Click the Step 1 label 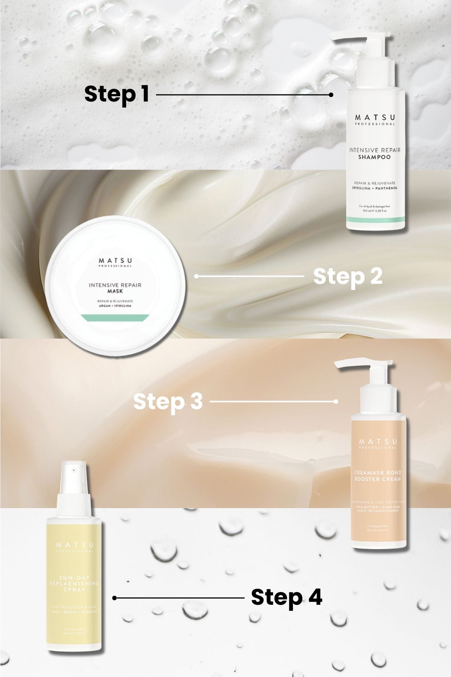(117, 94)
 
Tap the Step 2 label (348, 276)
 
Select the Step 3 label (168, 401)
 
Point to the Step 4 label (286, 597)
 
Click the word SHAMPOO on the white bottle (374, 157)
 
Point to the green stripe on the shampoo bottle (375, 219)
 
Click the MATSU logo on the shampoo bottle (375, 118)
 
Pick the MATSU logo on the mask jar (115, 260)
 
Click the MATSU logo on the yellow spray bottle (74, 545)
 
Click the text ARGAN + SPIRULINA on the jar (115, 306)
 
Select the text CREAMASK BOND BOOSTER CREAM (378, 476)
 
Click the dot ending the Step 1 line (331, 95)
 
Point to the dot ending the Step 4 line (114, 598)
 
